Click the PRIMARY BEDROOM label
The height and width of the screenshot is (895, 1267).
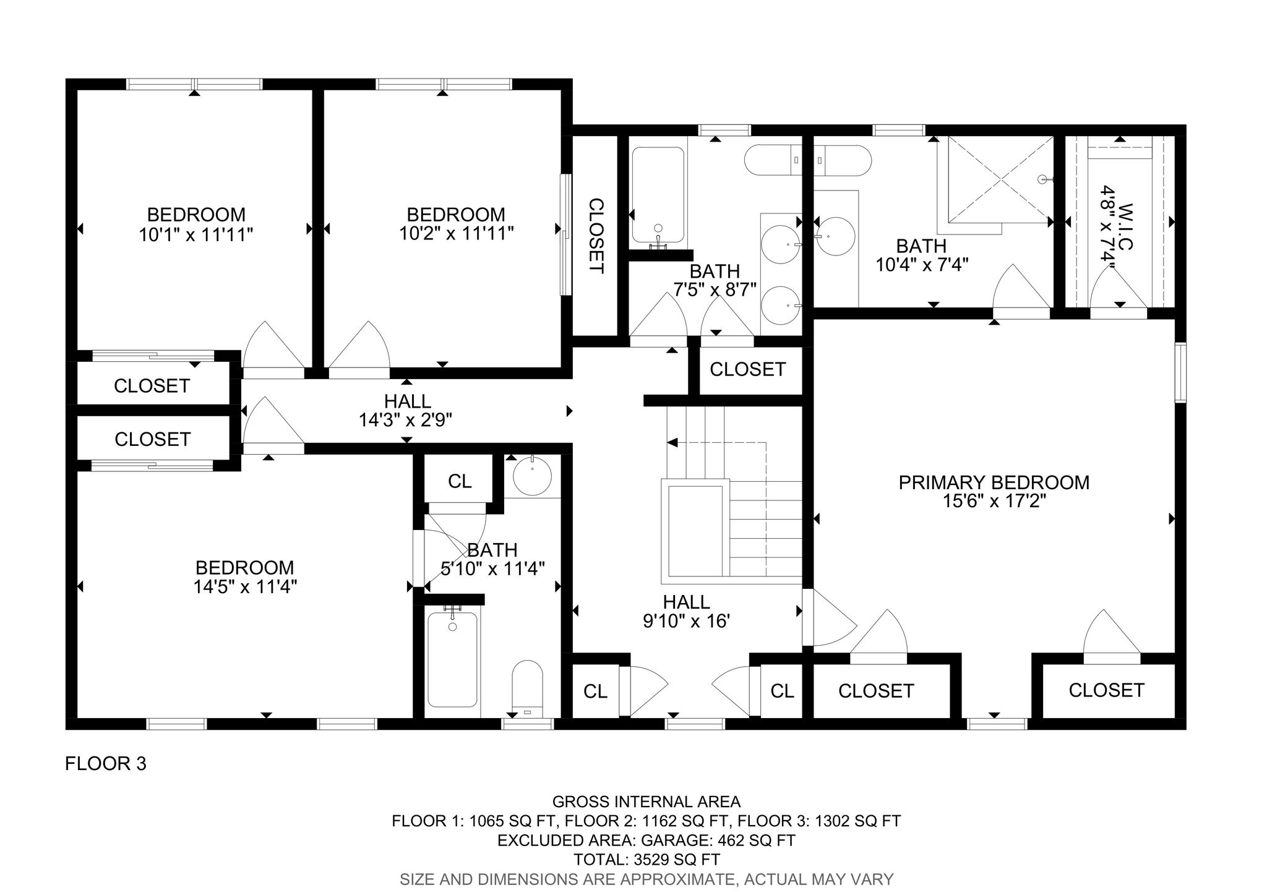pos(994,482)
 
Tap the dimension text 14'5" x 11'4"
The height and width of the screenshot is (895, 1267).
pos(245,587)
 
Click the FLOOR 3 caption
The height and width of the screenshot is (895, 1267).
pos(106,764)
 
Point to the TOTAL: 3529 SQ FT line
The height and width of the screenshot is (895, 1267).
pos(646,859)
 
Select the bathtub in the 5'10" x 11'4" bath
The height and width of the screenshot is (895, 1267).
pos(452,659)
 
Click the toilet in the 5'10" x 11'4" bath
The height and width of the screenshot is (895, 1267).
pos(527,686)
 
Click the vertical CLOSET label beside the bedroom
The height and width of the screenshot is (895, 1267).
pos(595,236)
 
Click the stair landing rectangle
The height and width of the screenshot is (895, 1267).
pos(695,531)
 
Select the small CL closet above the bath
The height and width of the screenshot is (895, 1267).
pos(460,481)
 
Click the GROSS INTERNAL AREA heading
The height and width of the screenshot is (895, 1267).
pos(646,802)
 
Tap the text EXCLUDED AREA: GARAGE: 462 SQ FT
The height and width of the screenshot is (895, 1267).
pos(646,841)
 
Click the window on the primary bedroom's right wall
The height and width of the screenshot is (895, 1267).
pos(1180,372)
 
